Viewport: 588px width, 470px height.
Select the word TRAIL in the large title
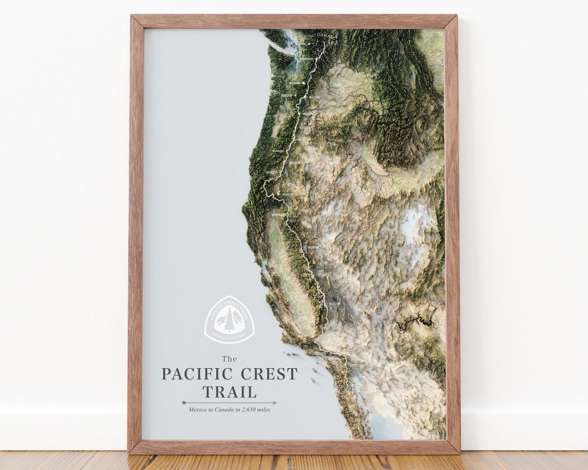(x=229, y=392)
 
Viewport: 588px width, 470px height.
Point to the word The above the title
(x=229, y=358)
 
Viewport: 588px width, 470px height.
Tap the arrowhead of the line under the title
(x=274, y=403)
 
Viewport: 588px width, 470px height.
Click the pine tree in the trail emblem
(x=229, y=320)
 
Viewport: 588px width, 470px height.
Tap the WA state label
(x=338, y=85)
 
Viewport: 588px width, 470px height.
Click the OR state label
(x=331, y=145)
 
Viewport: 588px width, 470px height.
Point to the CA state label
(x=286, y=278)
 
